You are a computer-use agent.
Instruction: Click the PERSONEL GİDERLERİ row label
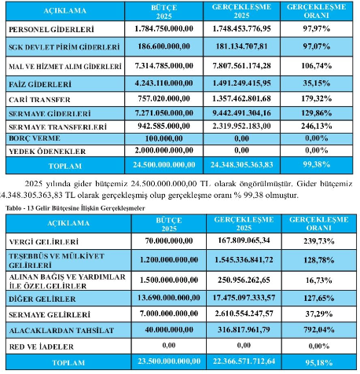pos(51,29)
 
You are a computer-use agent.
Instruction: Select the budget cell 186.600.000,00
pos(164,46)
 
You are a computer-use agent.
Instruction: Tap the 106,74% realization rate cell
pos(317,66)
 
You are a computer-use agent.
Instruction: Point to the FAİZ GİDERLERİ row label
pos(40,84)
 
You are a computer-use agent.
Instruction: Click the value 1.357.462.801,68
pos(241,99)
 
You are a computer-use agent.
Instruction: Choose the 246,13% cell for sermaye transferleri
pos(317,126)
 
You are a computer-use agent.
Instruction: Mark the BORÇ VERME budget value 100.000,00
pos(164,138)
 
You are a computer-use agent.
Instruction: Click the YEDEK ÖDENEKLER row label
pos(47,152)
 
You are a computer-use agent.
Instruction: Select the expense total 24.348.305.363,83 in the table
pos(241,165)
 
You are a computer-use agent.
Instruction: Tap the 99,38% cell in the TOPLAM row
pos(317,164)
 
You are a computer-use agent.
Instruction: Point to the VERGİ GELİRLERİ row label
pos(44,242)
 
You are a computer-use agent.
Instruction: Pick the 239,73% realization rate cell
pos(319,241)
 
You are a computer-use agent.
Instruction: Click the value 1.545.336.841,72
pos(244,260)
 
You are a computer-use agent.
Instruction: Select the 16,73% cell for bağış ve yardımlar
pos(319,280)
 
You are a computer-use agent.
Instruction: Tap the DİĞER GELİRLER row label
pos(42,299)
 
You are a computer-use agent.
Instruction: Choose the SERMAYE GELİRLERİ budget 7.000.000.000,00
pos(169,313)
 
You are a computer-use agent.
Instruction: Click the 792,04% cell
pos(319,330)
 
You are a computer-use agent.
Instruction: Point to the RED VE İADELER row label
pos(42,346)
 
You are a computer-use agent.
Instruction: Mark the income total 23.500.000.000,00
pos(169,361)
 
